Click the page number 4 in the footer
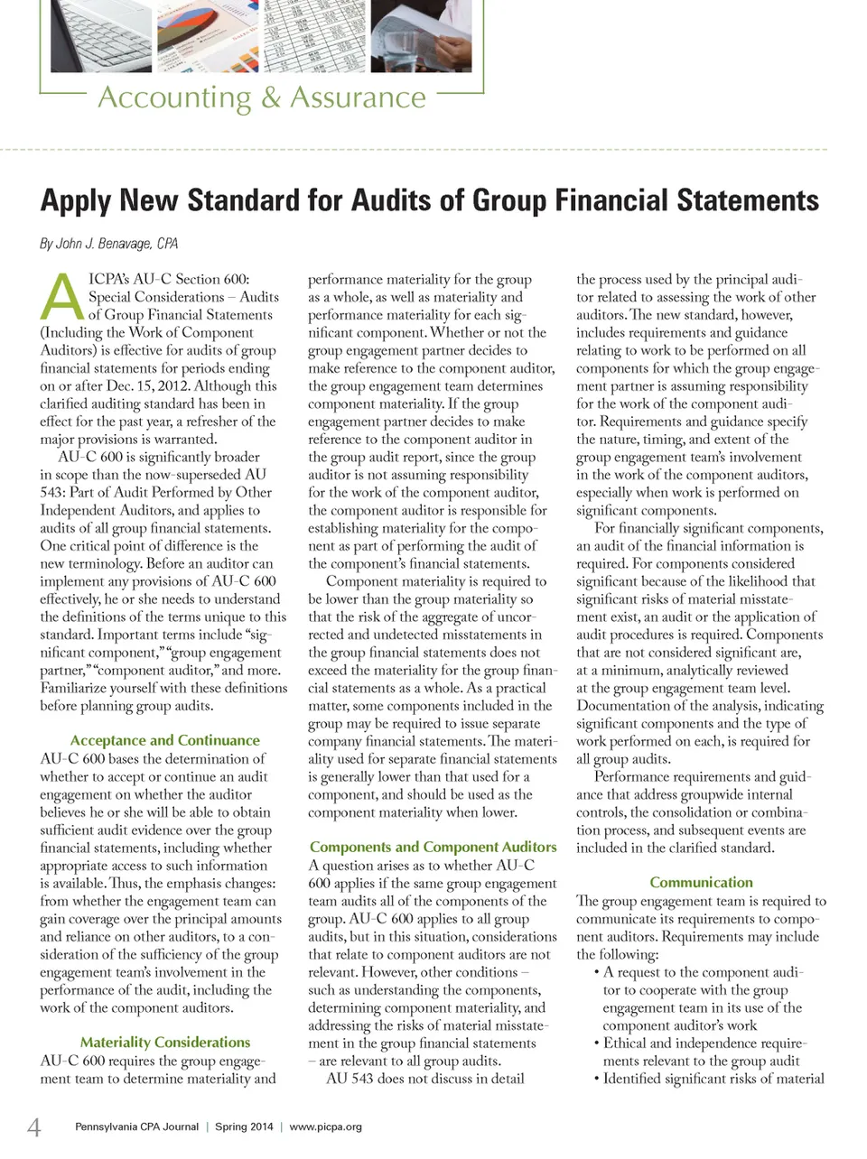click(34, 1127)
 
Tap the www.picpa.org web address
click(325, 1127)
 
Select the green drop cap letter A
click(61, 297)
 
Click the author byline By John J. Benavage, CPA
click(109, 244)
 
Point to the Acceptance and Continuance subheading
click(164, 740)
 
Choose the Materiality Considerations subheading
click(165, 1042)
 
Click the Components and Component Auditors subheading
click(433, 847)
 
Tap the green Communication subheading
click(701, 882)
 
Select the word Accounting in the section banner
click(174, 97)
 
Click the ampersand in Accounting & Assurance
click(271, 97)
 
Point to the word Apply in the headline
click(74, 200)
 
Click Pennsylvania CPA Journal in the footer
click(136, 1127)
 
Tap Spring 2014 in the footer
click(244, 1127)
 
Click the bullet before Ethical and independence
click(597, 1043)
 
